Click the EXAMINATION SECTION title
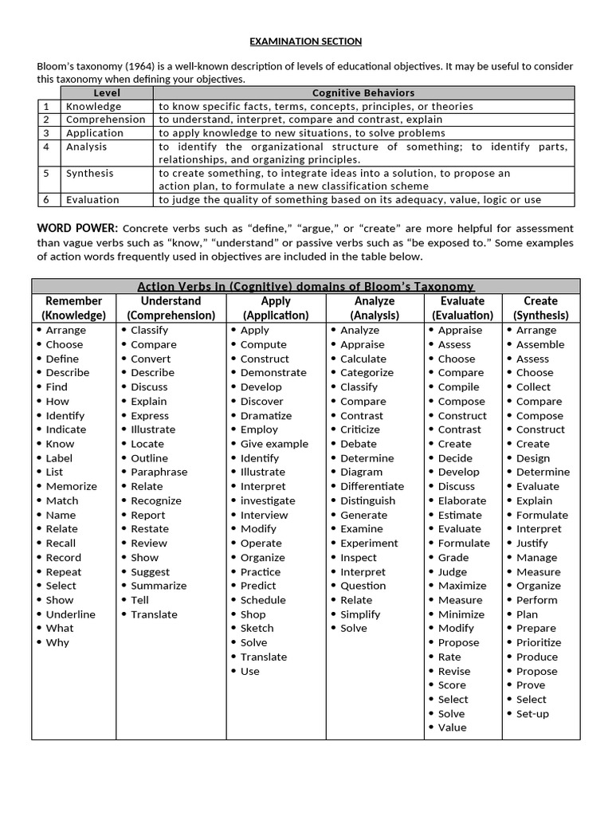pos(306,41)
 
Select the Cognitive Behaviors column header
pos(363,93)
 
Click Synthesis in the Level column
pos(89,173)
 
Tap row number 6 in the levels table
pos(47,200)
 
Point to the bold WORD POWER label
pos(77,229)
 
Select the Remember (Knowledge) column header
pos(74,308)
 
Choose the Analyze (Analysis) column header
pos(375,308)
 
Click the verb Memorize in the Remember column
pos(72,486)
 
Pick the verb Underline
pos(70,614)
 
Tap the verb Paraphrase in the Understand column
pos(159,472)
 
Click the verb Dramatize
pos(266,415)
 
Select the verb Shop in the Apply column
pos(253,614)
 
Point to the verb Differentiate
pos(372,486)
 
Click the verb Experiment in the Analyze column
pos(369,543)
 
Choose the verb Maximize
pos(462,586)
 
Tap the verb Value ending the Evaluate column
pos(453,728)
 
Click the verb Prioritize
pos(539,642)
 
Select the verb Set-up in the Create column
pos(532,714)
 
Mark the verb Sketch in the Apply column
pos(257,628)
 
